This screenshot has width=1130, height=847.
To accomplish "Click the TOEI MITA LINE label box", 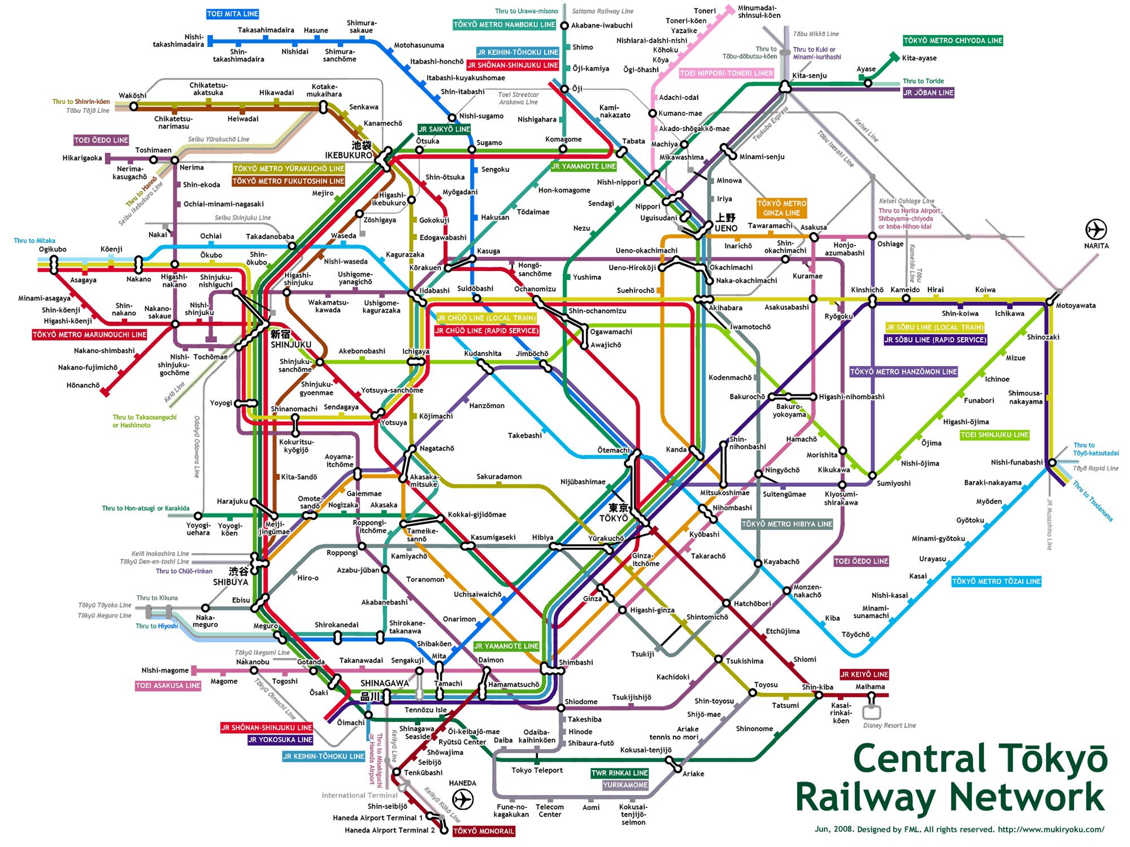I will [232, 14].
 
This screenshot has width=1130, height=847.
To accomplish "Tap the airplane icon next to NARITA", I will [1096, 230].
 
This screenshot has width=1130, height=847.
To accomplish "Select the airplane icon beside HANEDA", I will [463, 800].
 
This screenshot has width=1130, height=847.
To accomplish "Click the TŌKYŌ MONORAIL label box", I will [484, 831].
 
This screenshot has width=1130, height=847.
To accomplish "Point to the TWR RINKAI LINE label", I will [619, 773].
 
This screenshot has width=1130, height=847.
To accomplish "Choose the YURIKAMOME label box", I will [625, 785].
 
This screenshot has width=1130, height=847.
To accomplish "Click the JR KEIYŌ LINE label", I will [864, 674].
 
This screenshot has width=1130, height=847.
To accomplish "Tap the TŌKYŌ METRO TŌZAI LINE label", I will [996, 582].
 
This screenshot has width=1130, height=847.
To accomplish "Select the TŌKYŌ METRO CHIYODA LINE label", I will [953, 41].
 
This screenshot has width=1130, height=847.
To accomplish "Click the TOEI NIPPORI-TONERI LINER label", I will [726, 73].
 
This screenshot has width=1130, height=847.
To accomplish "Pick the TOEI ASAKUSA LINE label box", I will [168, 686].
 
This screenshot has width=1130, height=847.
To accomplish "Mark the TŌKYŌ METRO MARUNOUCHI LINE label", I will [89, 335].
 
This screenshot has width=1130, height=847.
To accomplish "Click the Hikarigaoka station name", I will [82, 158].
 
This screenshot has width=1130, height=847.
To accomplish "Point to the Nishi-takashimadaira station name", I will [178, 41].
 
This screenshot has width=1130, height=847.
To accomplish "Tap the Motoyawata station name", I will [1076, 305].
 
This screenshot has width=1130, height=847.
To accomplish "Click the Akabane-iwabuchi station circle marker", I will [564, 25].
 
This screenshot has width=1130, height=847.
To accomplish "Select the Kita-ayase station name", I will [919, 58].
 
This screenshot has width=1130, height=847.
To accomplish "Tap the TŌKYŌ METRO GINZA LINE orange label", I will [781, 208].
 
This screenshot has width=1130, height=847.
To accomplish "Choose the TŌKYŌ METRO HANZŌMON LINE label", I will [903, 372].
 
